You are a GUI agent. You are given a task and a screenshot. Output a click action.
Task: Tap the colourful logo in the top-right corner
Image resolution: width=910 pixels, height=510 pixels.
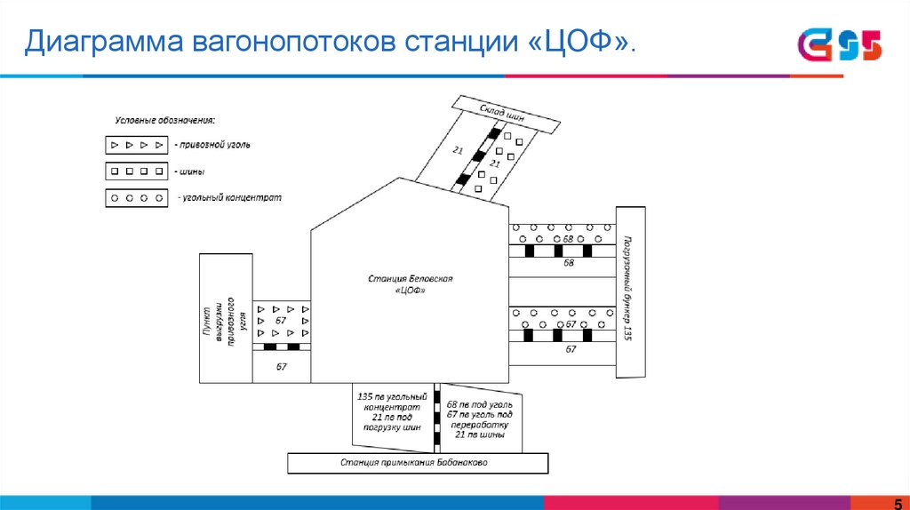coord(839,44)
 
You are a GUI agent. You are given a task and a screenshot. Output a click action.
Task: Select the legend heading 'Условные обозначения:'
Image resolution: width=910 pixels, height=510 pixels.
coord(166,120)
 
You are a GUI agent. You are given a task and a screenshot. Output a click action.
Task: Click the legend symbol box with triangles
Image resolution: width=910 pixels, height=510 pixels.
coord(136,144)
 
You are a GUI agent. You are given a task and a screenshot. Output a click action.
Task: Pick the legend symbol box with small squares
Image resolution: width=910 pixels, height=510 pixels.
coord(136,171)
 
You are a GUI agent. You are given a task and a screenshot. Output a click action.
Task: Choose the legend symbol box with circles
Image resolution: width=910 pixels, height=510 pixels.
coord(136,198)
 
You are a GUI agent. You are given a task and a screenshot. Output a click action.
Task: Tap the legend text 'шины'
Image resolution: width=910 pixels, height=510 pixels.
coord(189,171)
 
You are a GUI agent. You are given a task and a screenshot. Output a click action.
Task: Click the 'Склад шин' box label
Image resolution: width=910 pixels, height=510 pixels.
coord(503,114)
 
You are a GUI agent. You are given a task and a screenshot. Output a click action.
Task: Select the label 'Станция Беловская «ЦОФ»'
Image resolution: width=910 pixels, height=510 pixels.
coord(410,284)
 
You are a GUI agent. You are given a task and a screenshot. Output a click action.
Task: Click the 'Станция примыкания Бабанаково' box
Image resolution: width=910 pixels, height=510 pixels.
coord(414,463)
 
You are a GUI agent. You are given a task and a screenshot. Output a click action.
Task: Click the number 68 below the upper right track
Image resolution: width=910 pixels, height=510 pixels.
coord(569,263)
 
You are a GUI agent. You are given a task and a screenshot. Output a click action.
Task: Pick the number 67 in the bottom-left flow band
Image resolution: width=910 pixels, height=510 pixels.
coord(281,366)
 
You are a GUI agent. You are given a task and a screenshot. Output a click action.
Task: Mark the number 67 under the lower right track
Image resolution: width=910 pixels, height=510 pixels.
coord(570,350)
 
